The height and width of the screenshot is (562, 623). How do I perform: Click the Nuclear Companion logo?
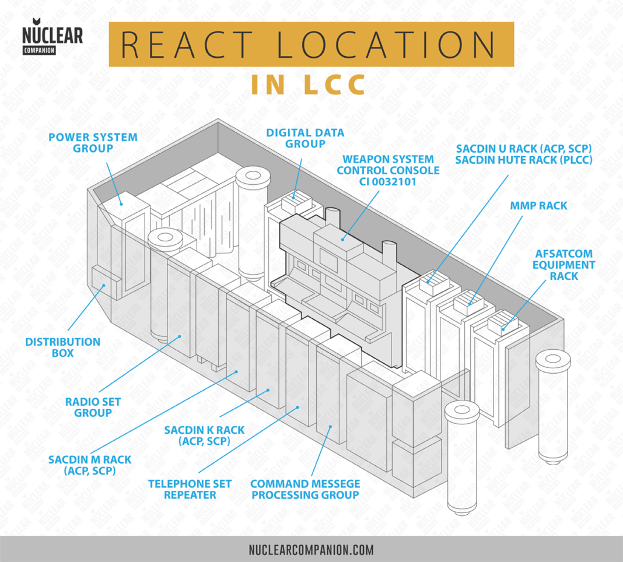[52, 39]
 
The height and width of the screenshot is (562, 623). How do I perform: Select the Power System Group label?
[93, 143]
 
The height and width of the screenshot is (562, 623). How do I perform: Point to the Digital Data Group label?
[305, 138]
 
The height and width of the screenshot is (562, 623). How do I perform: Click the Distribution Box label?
[62, 347]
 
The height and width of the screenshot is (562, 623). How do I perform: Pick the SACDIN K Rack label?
[195, 435]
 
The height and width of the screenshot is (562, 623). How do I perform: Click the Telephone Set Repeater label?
[190, 489]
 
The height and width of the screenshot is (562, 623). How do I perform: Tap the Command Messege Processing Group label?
[305, 489]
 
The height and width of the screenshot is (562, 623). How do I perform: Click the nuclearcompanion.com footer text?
[311, 549]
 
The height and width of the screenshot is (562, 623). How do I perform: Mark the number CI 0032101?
[388, 182]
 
